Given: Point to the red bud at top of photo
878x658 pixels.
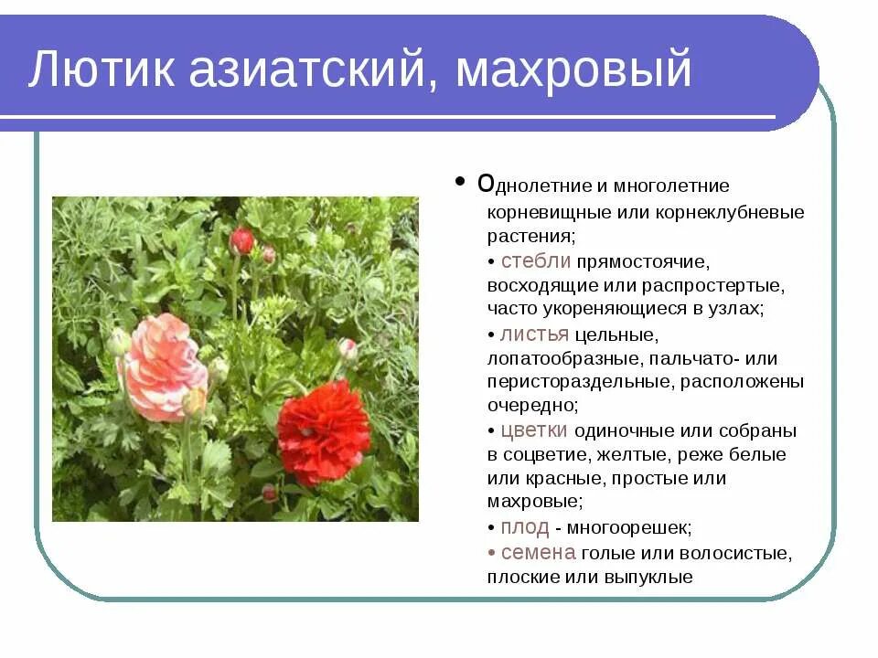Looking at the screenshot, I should pyautogui.click(x=241, y=241).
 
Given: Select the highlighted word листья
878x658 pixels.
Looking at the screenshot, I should pyautogui.click(x=536, y=334).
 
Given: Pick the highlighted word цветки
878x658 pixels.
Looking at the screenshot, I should pyautogui.click(x=534, y=430).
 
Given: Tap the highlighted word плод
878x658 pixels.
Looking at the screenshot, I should pyautogui.click(x=525, y=527).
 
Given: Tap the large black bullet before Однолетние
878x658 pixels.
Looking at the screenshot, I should pyautogui.click(x=459, y=182).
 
